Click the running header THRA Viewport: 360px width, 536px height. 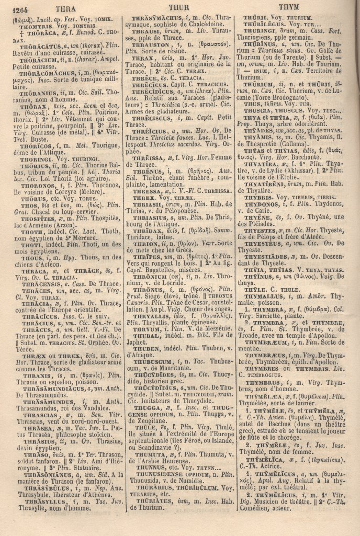65,8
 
